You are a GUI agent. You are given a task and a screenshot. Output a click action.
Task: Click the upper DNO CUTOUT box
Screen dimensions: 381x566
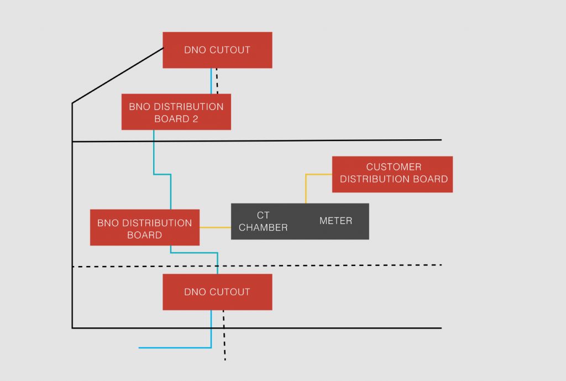click(x=217, y=50)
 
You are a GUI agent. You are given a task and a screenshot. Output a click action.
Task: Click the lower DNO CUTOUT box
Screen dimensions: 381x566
click(x=217, y=291)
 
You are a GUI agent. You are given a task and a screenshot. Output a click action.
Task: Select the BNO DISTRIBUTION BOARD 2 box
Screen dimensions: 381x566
click(x=176, y=112)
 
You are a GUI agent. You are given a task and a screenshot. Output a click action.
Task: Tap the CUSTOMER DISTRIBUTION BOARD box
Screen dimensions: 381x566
click(x=392, y=174)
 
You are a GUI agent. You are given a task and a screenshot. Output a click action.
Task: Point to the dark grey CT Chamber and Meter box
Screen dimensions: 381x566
click(x=300, y=221)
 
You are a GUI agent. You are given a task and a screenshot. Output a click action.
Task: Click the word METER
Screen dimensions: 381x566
click(x=336, y=221)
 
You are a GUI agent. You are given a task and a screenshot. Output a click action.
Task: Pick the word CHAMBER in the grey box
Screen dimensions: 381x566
click(x=263, y=227)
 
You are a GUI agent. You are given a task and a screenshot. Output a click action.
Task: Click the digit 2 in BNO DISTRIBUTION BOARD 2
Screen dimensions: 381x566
click(x=195, y=119)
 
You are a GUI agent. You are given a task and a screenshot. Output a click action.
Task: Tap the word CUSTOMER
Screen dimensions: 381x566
click(x=394, y=167)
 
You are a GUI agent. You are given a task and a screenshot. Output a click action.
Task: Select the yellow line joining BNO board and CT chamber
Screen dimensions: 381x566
click(x=215, y=227)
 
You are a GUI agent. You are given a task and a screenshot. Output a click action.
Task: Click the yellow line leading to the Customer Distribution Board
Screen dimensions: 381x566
click(x=306, y=188)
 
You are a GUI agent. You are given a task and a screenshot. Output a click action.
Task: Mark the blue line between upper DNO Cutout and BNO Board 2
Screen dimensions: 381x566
click(x=211, y=81)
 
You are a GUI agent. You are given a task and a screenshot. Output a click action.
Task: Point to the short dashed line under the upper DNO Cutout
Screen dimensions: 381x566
click(x=217, y=81)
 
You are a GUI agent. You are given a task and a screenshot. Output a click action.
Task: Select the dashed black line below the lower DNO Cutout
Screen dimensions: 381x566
click(x=224, y=337)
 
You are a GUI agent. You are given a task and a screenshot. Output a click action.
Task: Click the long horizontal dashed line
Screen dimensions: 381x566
click(x=332, y=265)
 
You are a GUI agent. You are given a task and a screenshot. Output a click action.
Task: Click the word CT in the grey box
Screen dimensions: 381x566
click(x=263, y=215)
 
